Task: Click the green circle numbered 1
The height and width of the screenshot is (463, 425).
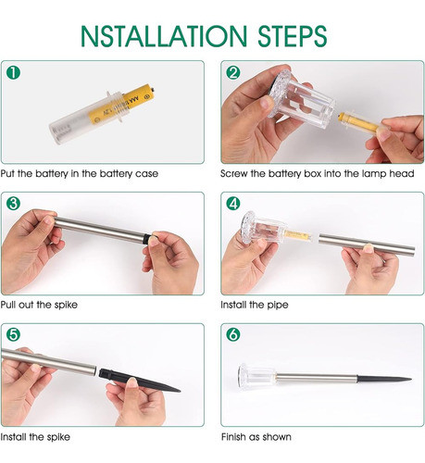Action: (x=13, y=73)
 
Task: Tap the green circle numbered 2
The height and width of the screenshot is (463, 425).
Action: (x=233, y=73)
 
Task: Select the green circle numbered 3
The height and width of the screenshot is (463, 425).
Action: (x=13, y=204)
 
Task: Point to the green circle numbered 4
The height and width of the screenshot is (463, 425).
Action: (x=233, y=204)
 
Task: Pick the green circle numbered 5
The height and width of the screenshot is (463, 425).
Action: (x=13, y=335)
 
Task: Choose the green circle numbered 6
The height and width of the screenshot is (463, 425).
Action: (x=233, y=335)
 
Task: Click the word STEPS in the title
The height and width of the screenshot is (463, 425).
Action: (x=293, y=36)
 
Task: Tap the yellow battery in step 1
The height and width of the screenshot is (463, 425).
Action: (x=121, y=104)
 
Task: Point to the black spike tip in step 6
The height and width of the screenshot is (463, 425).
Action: (x=411, y=379)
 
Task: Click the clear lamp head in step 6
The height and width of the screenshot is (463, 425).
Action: (x=256, y=376)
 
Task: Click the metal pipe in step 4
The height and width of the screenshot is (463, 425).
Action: (x=367, y=245)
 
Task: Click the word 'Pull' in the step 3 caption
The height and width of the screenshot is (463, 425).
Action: (x=7, y=305)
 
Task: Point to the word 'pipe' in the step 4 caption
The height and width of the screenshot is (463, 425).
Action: (x=278, y=306)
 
